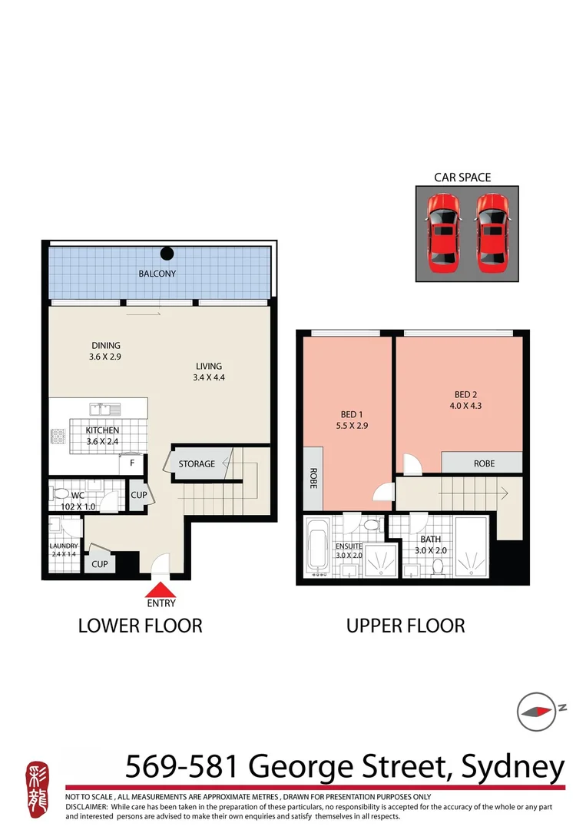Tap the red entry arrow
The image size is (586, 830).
[x=161, y=590]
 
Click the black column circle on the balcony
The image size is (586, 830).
[x=167, y=254]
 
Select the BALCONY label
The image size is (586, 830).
[x=157, y=274]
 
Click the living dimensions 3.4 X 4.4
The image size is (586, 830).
[x=208, y=378]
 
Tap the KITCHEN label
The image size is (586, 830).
[x=102, y=430]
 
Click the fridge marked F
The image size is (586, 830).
[x=132, y=463]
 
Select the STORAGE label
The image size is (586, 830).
[x=197, y=464]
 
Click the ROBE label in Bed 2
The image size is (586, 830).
[x=484, y=463]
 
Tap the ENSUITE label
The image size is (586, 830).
[x=349, y=546]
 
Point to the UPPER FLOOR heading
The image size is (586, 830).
[x=406, y=626]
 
